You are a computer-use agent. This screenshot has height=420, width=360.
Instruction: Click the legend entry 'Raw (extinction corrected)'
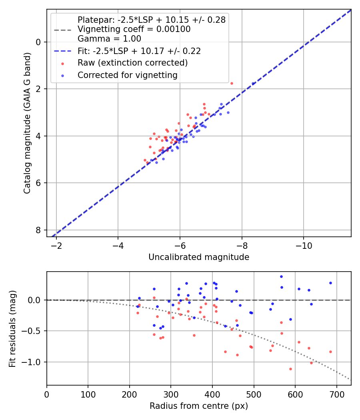(132, 63)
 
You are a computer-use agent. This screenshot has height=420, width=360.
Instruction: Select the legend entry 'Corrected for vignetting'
(127, 75)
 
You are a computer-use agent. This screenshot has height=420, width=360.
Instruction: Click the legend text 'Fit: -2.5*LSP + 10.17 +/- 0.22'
(139, 51)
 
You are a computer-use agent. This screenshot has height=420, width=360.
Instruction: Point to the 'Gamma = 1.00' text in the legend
(109, 39)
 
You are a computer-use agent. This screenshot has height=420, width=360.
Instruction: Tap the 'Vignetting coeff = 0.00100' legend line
(134, 29)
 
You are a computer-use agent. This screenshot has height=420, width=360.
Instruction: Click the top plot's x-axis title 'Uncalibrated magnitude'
(199, 257)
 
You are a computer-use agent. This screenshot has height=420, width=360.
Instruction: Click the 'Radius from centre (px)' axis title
(199, 406)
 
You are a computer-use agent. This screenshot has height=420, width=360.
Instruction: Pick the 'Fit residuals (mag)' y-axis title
(13, 328)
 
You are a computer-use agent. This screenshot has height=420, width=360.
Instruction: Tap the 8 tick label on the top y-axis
(39, 230)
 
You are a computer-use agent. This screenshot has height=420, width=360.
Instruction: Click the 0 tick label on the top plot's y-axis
(39, 42)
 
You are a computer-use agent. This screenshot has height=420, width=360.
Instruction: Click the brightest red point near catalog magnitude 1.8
(232, 83)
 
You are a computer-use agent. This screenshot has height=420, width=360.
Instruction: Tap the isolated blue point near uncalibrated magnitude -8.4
(253, 84)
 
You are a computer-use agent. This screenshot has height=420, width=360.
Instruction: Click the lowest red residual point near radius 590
(290, 369)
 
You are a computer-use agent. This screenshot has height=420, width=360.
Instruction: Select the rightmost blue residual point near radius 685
(330, 283)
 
